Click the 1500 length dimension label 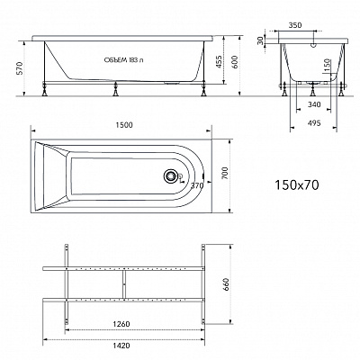(124, 125)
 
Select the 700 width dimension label (226, 173)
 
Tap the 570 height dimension (20, 68)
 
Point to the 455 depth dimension (219, 61)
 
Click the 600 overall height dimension (235, 62)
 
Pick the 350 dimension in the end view (295, 25)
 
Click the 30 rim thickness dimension (260, 40)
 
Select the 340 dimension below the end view (314, 104)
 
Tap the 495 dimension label (314, 123)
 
